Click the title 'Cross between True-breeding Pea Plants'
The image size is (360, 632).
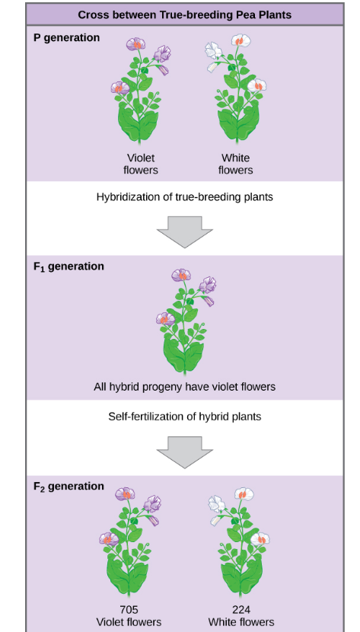tap(185, 14)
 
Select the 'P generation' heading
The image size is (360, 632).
tap(67, 38)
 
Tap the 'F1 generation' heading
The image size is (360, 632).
tap(68, 267)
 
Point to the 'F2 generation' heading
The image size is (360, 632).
tap(68, 487)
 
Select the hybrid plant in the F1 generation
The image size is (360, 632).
tap(184, 320)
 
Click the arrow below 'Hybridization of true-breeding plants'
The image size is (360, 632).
tap(184, 231)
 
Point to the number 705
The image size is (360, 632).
tap(129, 609)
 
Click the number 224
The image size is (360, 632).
tap(241, 609)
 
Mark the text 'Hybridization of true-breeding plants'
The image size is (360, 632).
tap(184, 197)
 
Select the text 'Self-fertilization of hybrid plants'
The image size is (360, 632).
tap(184, 417)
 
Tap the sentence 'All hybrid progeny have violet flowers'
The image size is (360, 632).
tap(184, 387)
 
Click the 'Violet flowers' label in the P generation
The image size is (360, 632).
tap(140, 164)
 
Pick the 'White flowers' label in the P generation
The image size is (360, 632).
tap(235, 164)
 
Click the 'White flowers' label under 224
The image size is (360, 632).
tap(241, 622)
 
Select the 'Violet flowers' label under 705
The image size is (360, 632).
tap(129, 622)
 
